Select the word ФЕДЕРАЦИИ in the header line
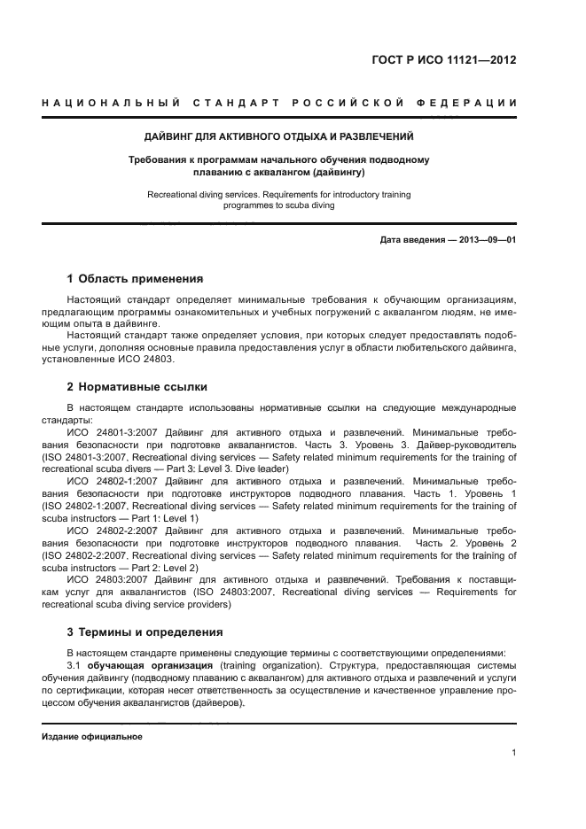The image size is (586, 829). pyautogui.click(x=475, y=103)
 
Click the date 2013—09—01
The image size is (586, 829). pyautogui.click(x=487, y=240)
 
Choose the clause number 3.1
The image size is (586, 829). pyautogui.click(x=76, y=664)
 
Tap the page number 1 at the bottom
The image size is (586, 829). pyautogui.click(x=514, y=753)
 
